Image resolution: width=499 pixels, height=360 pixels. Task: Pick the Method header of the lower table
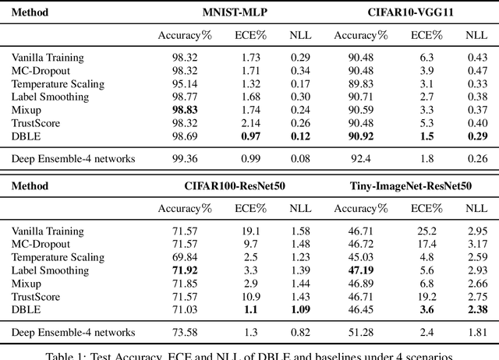point(30,186)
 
